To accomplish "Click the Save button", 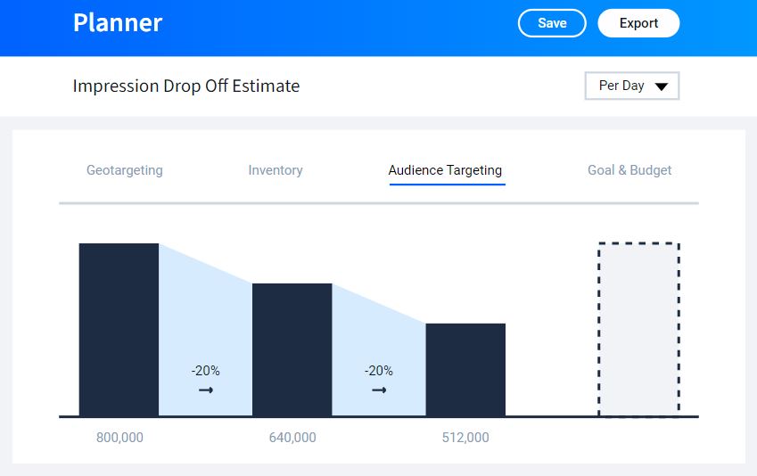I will click(x=552, y=23).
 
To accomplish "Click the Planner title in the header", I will click(x=118, y=22).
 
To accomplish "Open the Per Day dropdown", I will click(x=631, y=86).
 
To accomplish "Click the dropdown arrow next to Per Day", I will click(x=662, y=86).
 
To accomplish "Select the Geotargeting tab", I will click(x=124, y=169).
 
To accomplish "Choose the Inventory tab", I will click(x=276, y=169).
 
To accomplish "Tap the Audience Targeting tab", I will click(x=445, y=169).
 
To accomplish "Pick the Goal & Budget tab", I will click(x=629, y=169).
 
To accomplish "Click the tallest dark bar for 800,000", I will click(x=119, y=329).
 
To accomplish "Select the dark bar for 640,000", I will click(x=292, y=349).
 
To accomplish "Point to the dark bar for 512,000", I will click(x=465, y=369).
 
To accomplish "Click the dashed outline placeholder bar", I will click(x=638, y=329).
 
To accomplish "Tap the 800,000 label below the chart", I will click(x=119, y=438).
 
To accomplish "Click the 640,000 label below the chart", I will click(x=292, y=438).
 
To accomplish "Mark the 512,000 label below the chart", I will click(x=465, y=438).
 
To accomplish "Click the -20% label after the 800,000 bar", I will click(x=205, y=371).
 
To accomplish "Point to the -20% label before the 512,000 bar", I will click(x=379, y=371).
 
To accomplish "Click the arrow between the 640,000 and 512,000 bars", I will click(x=379, y=390).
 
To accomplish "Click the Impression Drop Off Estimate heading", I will click(x=186, y=86).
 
